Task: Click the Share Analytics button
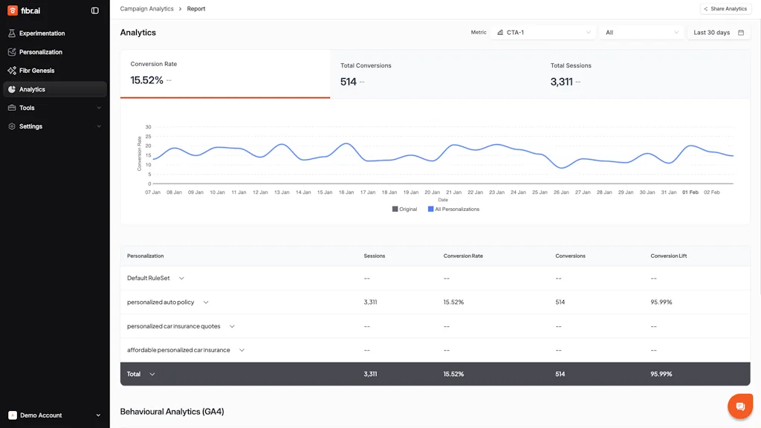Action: [x=725, y=9]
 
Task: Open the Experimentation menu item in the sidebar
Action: [x=42, y=33]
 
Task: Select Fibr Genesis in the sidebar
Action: [x=36, y=71]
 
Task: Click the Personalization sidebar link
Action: [x=40, y=52]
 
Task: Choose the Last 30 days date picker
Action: [x=718, y=33]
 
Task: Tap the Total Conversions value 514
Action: [x=349, y=82]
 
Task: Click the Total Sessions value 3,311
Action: [x=561, y=82]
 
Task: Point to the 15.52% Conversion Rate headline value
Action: [x=146, y=80]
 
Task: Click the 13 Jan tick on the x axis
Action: [x=282, y=192]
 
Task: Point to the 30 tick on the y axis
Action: [x=149, y=127]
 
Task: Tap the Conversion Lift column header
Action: [x=669, y=256]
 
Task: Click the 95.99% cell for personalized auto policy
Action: [x=661, y=302]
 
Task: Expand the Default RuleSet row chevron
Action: [x=181, y=279]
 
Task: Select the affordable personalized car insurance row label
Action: [x=178, y=350]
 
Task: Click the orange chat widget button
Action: [x=740, y=406]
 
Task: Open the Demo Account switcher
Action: [x=54, y=415]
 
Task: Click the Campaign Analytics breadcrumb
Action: [x=146, y=9]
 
